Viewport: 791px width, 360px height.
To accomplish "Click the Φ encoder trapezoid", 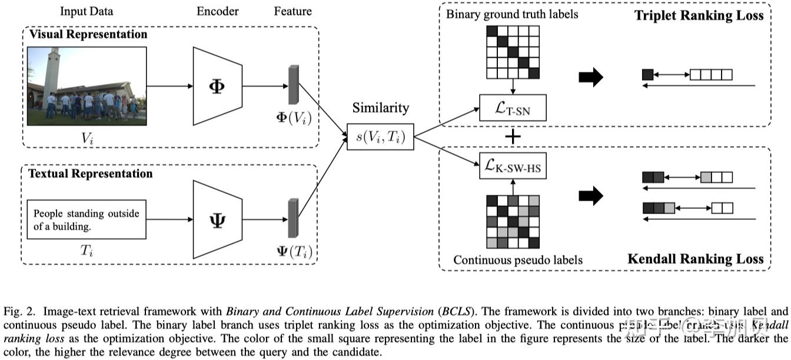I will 217,86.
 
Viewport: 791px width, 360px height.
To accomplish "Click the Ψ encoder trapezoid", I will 217,219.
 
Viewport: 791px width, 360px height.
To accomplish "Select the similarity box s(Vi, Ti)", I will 380,136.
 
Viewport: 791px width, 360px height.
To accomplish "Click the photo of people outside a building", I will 87,86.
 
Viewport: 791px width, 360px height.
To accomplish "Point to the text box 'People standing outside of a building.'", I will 87,219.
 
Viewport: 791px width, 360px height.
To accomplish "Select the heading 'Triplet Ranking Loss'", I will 699,15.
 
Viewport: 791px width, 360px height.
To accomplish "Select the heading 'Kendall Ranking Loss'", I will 695,258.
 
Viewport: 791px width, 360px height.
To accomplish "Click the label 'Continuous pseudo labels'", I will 519,259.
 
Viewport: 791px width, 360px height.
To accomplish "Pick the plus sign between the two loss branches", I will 514,138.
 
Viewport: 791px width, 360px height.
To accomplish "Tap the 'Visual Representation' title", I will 88,34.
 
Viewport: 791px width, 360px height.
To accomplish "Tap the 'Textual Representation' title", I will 91,173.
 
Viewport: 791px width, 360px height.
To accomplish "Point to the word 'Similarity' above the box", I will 380,108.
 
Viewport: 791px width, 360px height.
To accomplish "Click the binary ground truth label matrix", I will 513,52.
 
